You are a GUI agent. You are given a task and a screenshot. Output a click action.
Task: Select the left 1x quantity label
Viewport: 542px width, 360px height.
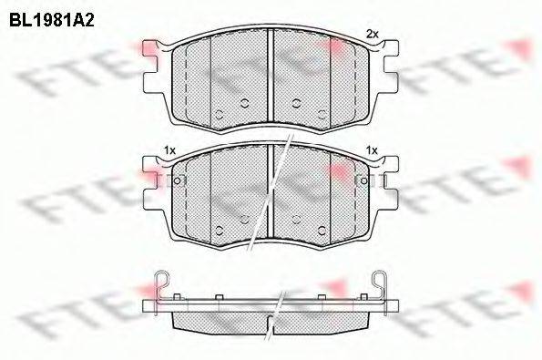click(169, 149)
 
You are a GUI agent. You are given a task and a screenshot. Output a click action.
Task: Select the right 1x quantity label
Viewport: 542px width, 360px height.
click(371, 149)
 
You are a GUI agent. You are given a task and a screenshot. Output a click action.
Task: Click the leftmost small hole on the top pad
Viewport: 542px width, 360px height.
click(219, 112)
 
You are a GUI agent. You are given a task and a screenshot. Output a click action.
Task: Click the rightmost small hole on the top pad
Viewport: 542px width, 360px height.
click(323, 112)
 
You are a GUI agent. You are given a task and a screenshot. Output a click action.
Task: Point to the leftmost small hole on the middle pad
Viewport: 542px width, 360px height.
click(219, 229)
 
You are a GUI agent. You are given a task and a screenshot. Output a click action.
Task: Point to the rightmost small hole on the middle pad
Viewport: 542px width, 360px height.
click(323, 229)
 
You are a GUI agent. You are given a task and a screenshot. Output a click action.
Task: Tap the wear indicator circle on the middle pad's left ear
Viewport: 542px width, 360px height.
click(177, 180)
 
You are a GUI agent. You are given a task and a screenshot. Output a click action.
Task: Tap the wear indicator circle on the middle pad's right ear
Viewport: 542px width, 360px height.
click(366, 180)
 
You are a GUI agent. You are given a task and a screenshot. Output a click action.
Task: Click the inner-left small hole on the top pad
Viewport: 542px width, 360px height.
click(244, 101)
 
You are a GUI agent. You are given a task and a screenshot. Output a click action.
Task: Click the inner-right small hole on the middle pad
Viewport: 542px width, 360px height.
click(298, 218)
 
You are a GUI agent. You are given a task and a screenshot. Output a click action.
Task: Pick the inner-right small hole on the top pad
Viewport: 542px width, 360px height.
click(298, 101)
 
